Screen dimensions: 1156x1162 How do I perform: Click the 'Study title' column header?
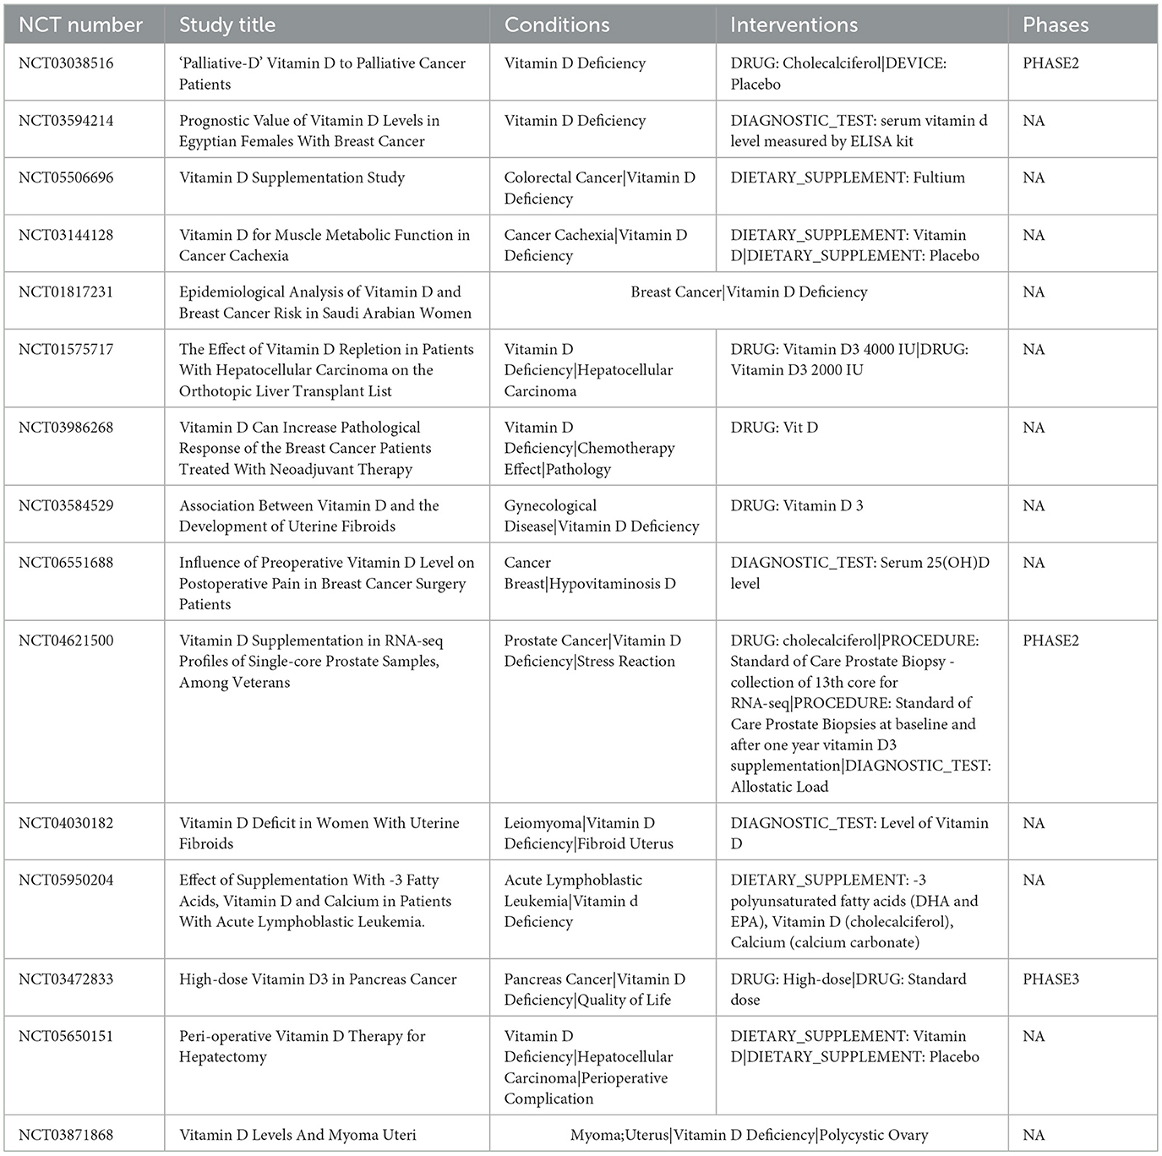point(227,25)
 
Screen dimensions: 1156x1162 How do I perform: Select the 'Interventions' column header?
point(794,25)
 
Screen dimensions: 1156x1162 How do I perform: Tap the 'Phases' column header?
point(1056,25)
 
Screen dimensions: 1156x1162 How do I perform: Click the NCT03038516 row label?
point(66,63)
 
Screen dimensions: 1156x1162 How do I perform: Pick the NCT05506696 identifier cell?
point(66,177)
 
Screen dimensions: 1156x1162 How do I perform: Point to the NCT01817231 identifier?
point(66,292)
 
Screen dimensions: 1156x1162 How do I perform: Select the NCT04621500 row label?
point(66,641)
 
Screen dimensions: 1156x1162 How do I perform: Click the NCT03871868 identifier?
point(66,1135)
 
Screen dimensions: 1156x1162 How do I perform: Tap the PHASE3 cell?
point(1050,979)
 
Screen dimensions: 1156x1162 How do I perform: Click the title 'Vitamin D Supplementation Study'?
point(292,177)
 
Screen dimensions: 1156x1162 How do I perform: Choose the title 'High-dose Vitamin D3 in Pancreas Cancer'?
point(318,979)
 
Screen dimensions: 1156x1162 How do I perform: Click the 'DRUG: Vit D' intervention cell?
point(774,428)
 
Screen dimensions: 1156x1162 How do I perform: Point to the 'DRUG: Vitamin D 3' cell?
point(797,505)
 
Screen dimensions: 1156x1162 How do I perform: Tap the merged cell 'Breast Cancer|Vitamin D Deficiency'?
point(749,292)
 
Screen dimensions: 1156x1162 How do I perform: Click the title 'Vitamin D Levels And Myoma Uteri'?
point(297,1135)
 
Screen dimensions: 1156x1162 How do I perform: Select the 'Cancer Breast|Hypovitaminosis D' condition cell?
point(590,573)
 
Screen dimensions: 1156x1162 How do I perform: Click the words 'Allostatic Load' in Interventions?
point(779,787)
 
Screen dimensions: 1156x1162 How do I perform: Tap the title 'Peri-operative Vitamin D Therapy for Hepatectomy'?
point(302,1046)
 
